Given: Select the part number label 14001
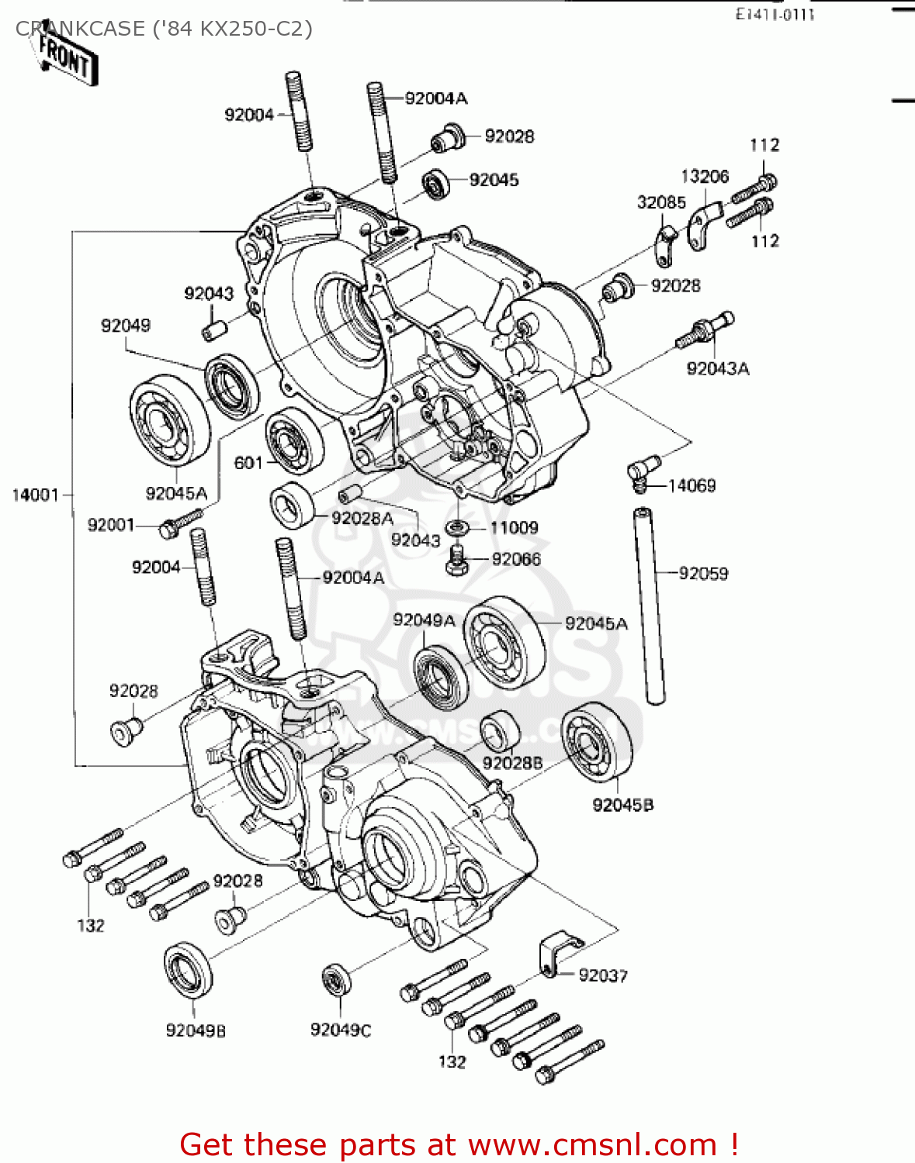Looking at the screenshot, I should [x=36, y=495].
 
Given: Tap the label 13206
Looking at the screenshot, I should [x=705, y=176].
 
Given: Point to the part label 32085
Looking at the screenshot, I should [x=661, y=202].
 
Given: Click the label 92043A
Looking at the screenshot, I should [x=718, y=368].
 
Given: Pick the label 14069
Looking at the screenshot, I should [x=691, y=485].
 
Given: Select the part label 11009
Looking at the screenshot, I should [x=514, y=528].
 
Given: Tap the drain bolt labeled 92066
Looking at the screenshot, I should [x=457, y=561].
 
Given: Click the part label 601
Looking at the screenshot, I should [x=248, y=463].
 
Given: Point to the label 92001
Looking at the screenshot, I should [x=111, y=525].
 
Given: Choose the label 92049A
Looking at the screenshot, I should [x=424, y=620].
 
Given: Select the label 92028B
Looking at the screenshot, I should [x=512, y=763].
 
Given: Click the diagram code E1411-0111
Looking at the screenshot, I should [x=775, y=14].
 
